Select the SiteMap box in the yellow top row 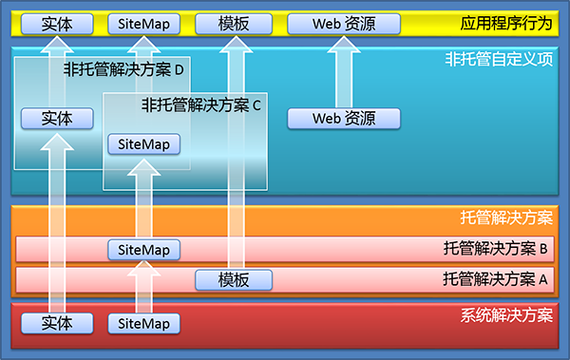pos(143,23)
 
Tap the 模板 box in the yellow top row pos(234,23)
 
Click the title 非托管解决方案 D pos(123,69)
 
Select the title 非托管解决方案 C pos(200,105)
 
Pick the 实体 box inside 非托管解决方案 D pos(57,119)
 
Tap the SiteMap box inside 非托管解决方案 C pos(143,144)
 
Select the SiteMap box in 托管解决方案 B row pos(143,250)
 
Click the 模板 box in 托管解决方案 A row pos(234,279)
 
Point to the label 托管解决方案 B pos(496,250)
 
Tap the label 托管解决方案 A pos(496,279)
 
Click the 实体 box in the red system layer pos(57,323)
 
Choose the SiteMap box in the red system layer pos(143,323)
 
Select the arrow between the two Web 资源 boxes pos(344,70)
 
